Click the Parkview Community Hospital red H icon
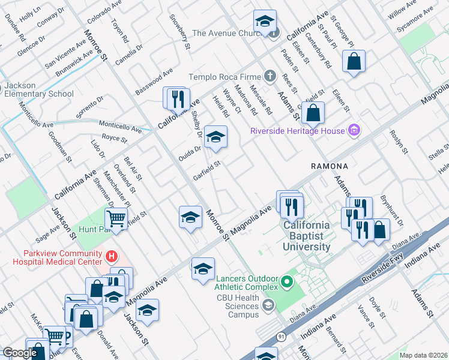(110, 257)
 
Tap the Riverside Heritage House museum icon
(354, 131)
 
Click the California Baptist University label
(307, 236)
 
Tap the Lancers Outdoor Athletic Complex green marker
(287, 281)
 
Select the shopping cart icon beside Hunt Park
(118, 218)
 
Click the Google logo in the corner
(19, 353)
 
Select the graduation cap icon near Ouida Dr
(215, 137)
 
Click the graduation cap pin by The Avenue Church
(264, 22)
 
